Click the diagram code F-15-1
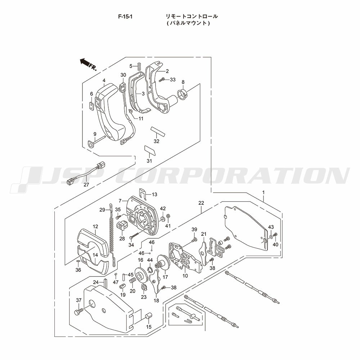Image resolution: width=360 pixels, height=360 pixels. coord(125,16)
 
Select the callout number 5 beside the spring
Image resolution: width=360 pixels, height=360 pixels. coord(131,66)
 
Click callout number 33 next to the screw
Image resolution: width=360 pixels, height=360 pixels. coord(173,80)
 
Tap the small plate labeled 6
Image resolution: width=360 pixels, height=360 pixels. coord(91,106)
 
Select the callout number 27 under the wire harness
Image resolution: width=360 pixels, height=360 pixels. coord(86,184)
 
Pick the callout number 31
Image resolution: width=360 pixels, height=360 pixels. coord(149,161)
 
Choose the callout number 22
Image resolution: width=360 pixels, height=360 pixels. coord(201,203)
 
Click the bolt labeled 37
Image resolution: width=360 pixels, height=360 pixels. coord(78,312)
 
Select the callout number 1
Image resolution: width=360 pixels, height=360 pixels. coord(264,192)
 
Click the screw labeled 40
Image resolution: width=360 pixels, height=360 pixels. coord(276,235)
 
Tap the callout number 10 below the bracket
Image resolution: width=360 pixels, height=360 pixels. coord(185,276)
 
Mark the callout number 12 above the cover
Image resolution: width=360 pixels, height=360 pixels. coord(95,226)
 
